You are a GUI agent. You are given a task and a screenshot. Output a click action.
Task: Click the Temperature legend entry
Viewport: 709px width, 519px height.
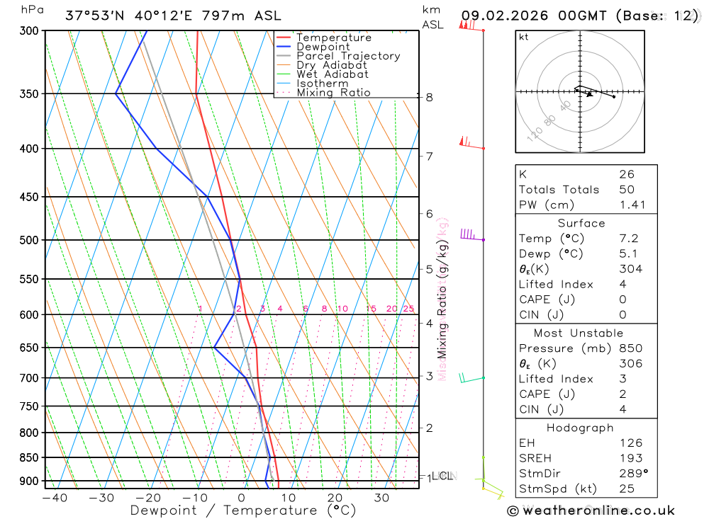click(x=333, y=38)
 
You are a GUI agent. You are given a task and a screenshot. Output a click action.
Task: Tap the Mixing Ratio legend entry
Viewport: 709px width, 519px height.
click(x=333, y=93)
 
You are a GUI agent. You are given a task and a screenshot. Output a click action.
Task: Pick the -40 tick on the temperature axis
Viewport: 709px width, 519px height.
click(x=55, y=498)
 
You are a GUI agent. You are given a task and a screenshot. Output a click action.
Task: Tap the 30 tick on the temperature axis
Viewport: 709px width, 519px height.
click(x=381, y=498)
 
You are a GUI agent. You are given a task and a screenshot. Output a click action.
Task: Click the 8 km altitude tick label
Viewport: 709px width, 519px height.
click(x=430, y=97)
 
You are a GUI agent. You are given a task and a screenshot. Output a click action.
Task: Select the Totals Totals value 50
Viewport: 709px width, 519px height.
click(x=627, y=190)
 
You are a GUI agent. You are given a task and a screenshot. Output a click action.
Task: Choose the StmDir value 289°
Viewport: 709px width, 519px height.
click(x=632, y=474)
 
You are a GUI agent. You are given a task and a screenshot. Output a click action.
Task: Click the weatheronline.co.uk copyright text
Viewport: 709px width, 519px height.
click(x=591, y=511)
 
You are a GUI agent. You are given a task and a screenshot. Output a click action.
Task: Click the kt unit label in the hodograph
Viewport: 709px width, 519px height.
click(x=524, y=38)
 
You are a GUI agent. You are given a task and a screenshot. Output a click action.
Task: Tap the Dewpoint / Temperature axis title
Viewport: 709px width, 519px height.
click(x=231, y=510)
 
